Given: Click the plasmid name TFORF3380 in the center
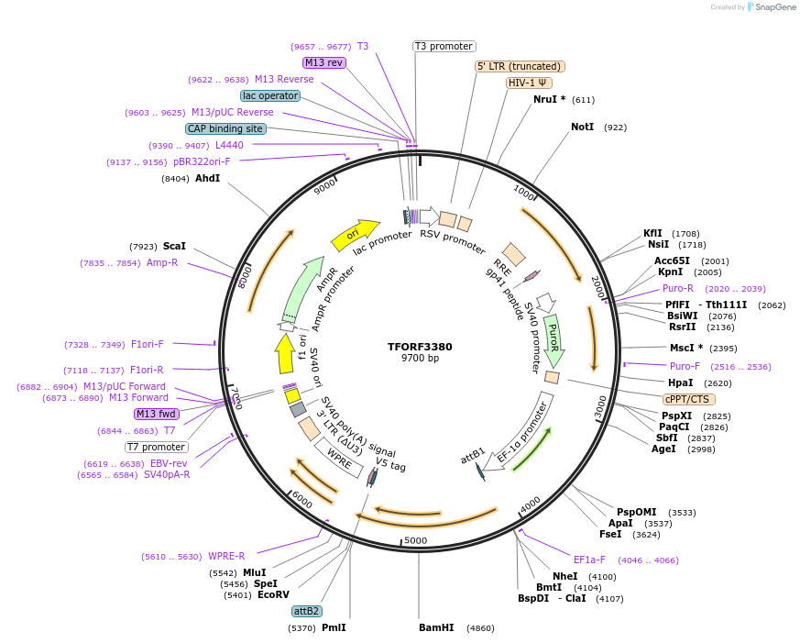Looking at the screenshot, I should click(420, 347).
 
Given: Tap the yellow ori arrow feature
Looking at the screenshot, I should click(354, 235).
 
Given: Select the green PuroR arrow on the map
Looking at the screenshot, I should click(553, 339).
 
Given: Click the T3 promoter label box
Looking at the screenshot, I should click(444, 46).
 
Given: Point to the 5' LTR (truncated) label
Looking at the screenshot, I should click(520, 66).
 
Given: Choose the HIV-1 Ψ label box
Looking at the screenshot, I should click(529, 83).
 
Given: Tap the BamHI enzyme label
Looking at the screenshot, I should click(436, 628).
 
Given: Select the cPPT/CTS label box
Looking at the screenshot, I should click(689, 399).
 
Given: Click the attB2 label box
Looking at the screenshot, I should click(306, 611).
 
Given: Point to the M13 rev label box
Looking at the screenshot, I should click(323, 62).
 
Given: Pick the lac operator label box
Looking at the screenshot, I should click(270, 95).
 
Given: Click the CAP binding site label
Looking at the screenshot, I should click(225, 129).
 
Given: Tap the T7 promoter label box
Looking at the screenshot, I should click(157, 447).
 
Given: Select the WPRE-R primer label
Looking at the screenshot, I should click(226, 557).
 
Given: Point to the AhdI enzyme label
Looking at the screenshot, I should click(207, 178).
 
